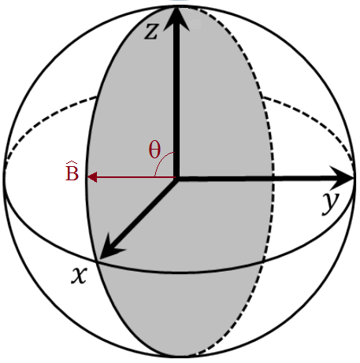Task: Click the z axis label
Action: (153, 32)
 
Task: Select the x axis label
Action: (78, 276)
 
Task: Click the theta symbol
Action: (154, 150)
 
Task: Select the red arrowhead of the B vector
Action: (91, 177)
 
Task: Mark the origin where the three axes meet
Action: (177, 178)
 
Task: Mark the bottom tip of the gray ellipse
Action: (176, 355)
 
